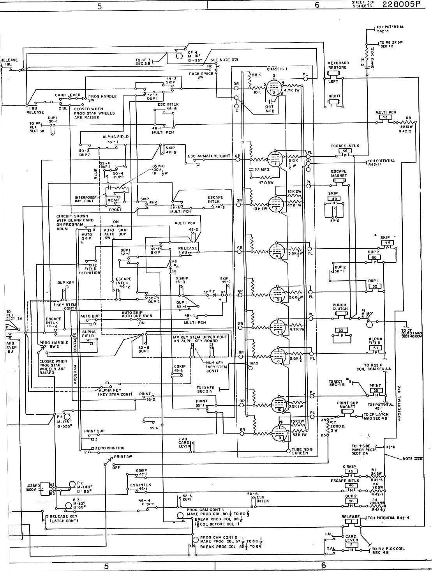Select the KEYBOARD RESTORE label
[339, 65]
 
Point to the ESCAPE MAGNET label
[339, 173]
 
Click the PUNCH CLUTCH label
[340, 307]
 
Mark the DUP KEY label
[66, 282]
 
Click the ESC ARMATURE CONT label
[209, 156]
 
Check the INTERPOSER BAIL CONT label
[86, 199]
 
